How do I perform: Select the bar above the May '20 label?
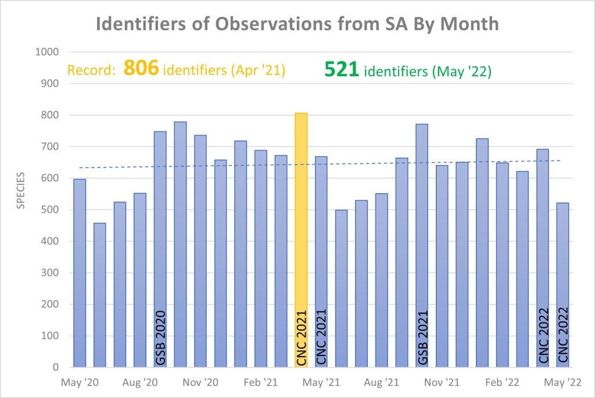pyautogui.click(x=80, y=273)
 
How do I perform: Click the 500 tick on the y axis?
pyautogui.click(x=51, y=209)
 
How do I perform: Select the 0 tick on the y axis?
pyautogui.click(x=56, y=367)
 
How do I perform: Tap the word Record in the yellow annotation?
pyautogui.click(x=90, y=71)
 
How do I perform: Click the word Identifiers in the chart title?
pyautogui.click(x=148, y=24)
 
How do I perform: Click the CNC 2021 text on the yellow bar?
pyautogui.click(x=301, y=337)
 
